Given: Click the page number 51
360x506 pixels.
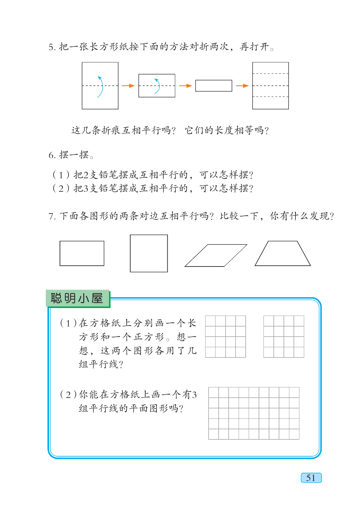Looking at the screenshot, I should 311,478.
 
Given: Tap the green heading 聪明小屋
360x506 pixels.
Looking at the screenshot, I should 77,298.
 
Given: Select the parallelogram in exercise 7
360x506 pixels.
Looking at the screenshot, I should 216,255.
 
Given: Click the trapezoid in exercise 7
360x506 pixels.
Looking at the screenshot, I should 283,254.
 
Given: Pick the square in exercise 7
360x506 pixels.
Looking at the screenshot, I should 149,253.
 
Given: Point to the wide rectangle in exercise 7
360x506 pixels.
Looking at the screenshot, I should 82,253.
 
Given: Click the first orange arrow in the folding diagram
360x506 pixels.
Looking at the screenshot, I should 128,86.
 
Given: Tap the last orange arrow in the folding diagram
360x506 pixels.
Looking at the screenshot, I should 242,86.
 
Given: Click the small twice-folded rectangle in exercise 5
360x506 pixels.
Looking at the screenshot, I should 214,86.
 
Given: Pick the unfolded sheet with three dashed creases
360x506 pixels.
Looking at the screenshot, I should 270,86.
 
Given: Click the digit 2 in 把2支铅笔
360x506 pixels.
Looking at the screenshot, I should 86,175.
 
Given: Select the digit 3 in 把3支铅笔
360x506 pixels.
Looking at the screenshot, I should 86,188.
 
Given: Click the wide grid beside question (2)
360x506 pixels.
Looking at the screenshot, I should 254,413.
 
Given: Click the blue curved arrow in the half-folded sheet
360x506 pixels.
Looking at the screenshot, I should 157,86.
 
